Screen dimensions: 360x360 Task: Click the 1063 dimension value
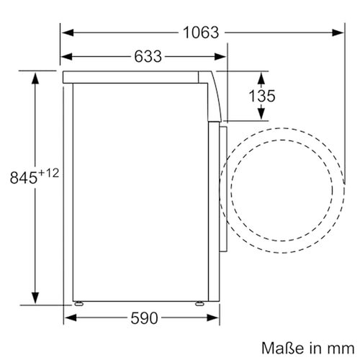tap(198, 32)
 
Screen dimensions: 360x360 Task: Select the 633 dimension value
tap(146, 56)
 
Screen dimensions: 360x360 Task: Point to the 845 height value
tap(23, 176)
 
